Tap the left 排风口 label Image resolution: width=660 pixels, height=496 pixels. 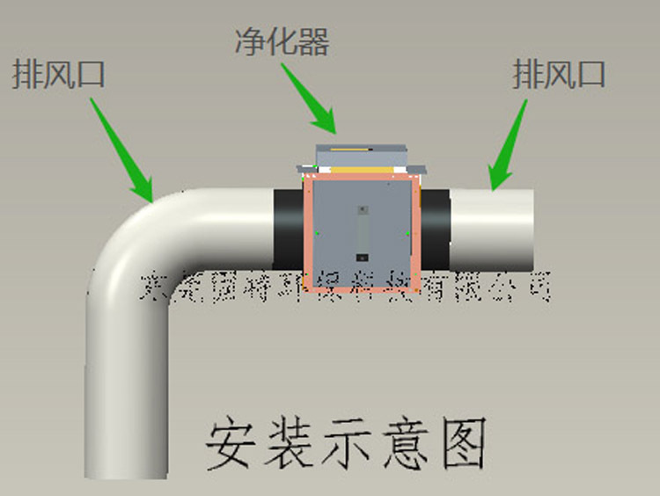pyautogui.click(x=58, y=74)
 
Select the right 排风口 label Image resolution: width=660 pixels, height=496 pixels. pyautogui.click(x=559, y=74)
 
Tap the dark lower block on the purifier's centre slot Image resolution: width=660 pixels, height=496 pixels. pyautogui.click(x=361, y=258)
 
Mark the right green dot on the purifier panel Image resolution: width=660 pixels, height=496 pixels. pyautogui.click(x=407, y=233)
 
